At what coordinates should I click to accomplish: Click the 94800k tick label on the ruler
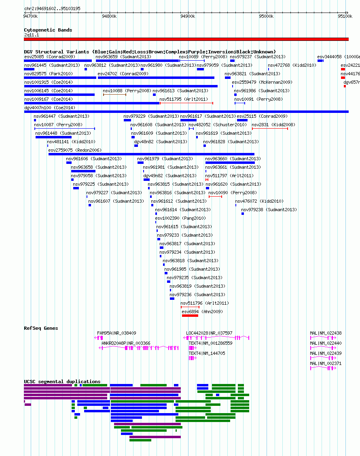109,16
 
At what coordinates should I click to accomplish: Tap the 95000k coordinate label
266,16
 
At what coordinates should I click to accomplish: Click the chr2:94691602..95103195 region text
52,8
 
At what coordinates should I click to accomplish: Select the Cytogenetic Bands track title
48,30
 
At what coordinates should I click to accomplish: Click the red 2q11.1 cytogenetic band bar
186,39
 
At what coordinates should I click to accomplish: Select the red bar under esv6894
190,316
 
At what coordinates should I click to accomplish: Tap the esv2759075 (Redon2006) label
75,150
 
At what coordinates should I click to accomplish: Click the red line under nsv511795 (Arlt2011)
186,103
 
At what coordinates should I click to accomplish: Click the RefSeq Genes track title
41,328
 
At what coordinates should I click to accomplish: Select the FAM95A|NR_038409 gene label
116,333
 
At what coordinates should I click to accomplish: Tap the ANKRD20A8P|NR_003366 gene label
126,344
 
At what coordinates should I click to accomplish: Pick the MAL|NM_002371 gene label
326,363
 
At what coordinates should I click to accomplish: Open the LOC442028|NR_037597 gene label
209,333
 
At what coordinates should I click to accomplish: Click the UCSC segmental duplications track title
62,382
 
